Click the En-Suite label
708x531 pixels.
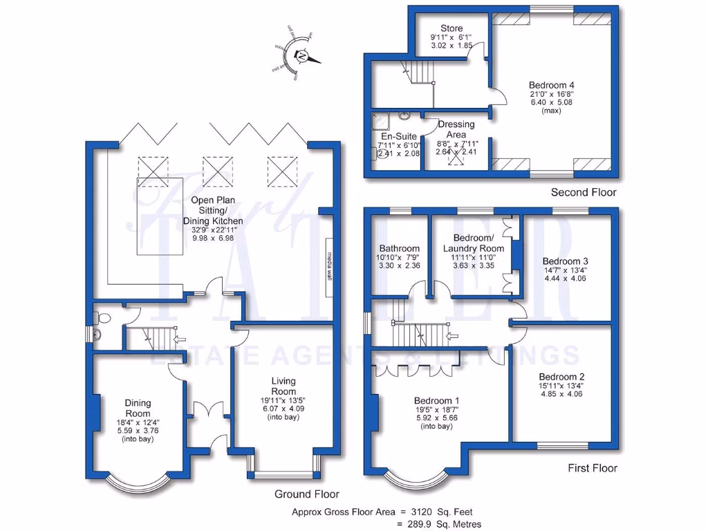click(x=395, y=137)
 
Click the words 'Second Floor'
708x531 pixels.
click(x=583, y=192)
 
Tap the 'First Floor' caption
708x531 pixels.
click(x=593, y=468)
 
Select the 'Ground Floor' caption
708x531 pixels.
click(x=307, y=494)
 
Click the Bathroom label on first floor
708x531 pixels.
click(x=399, y=249)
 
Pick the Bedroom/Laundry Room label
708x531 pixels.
click(x=473, y=243)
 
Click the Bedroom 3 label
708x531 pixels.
click(x=566, y=261)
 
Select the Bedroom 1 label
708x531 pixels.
click(x=436, y=400)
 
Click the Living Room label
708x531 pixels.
click(x=283, y=386)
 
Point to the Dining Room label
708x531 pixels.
click(x=138, y=408)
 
